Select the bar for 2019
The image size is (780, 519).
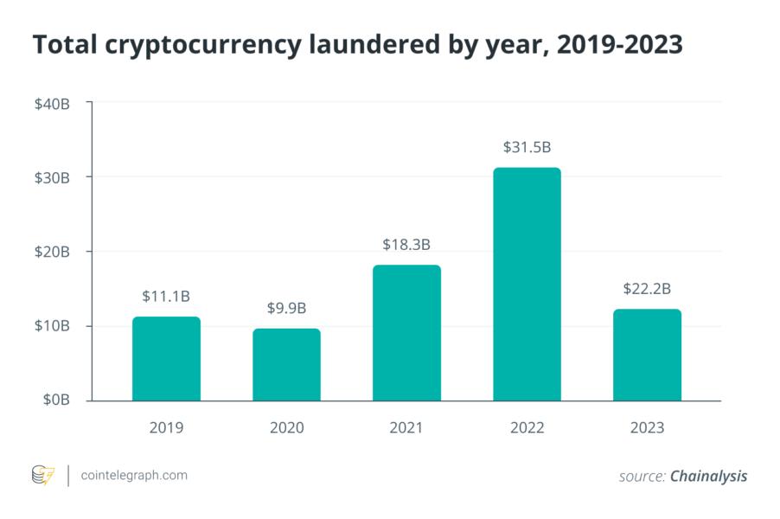[x=166, y=359]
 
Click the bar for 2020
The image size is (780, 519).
[x=286, y=365]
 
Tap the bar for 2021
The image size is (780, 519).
[x=406, y=333]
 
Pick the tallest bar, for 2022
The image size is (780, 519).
[x=527, y=285]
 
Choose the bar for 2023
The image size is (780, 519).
[x=647, y=356]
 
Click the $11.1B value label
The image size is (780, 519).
[x=166, y=297]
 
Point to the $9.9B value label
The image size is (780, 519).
[x=286, y=308]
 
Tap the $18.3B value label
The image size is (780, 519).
[x=406, y=245]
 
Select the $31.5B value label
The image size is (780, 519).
[x=527, y=147]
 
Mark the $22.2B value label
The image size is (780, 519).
[x=647, y=289]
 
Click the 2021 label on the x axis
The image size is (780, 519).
[x=406, y=427]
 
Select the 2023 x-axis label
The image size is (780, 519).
[x=647, y=427]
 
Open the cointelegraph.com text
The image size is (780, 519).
[x=133, y=475]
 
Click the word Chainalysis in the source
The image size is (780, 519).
[x=708, y=476]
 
